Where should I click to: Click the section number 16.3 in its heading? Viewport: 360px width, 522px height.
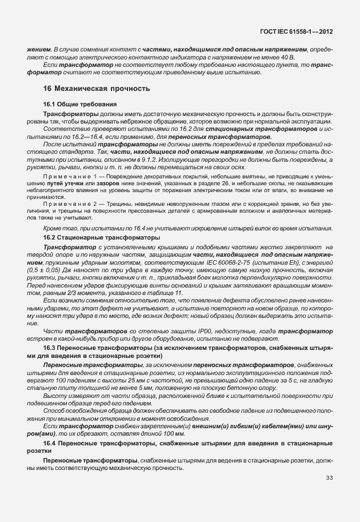tap(50, 347)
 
